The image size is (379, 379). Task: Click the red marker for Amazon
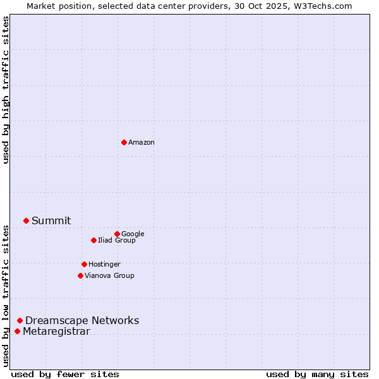tap(124, 142)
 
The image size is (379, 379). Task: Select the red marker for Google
tap(117, 234)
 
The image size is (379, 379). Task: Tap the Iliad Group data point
tap(93, 240)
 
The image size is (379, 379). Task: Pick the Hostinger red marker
tap(84, 264)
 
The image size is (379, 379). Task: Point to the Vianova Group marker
tap(80, 275)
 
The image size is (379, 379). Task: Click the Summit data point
tap(26, 220)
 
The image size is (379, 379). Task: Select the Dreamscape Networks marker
tap(20, 321)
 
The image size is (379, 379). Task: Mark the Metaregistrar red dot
tap(17, 332)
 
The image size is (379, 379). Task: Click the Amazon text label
tap(141, 143)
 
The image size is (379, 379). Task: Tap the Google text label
tap(133, 234)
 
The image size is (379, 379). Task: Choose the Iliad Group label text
tap(117, 241)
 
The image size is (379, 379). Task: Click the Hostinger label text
tap(104, 265)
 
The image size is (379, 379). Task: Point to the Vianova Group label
tap(109, 276)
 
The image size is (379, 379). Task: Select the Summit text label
tap(51, 221)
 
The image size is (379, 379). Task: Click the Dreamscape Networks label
tap(82, 321)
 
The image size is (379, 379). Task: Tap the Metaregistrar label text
tap(56, 332)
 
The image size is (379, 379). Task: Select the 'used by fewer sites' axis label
tap(65, 374)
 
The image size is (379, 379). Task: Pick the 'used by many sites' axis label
tap(317, 374)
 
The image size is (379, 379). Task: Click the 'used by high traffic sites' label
tap(6, 90)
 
